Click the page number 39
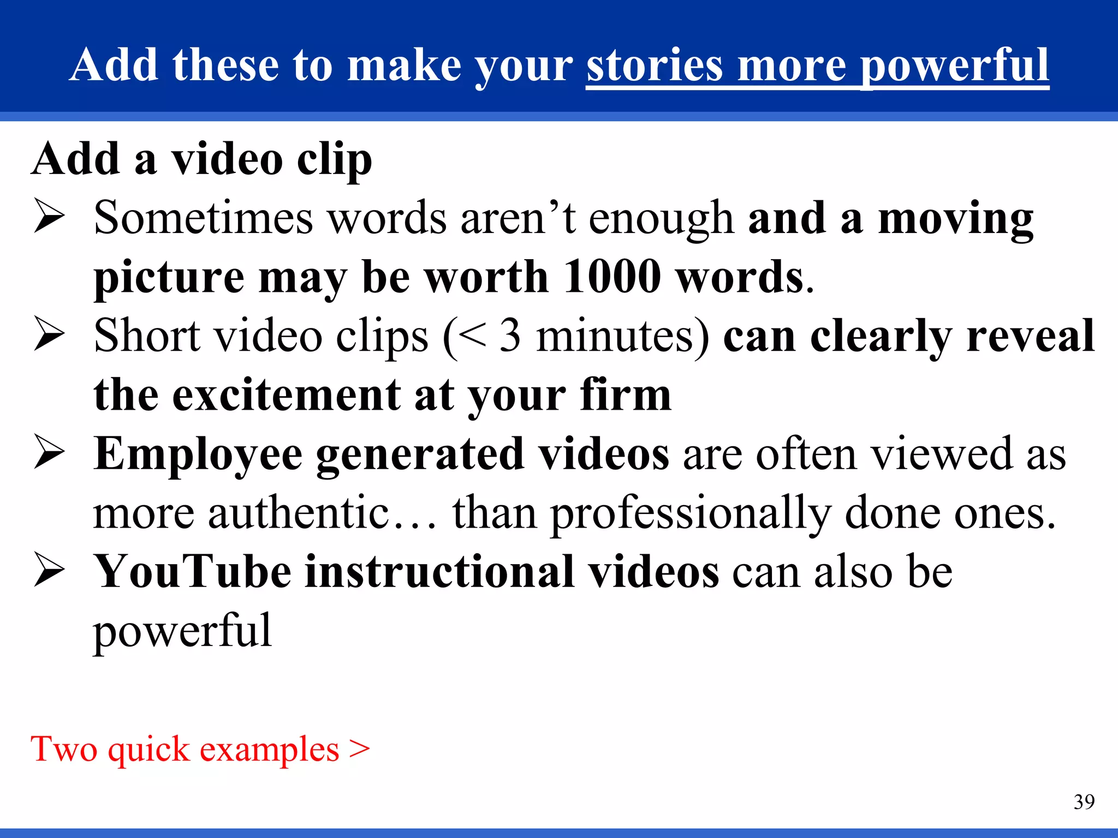[x=1084, y=802]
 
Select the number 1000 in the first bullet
[x=611, y=277]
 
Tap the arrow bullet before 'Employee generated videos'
[x=49, y=454]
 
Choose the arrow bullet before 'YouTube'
[x=49, y=572]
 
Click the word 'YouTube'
[x=193, y=572]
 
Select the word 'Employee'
[x=198, y=455]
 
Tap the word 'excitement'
[x=287, y=395]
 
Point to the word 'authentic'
[x=298, y=513]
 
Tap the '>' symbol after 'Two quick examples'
[x=360, y=749]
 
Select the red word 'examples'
[x=269, y=750]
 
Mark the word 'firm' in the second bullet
[x=626, y=395]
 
